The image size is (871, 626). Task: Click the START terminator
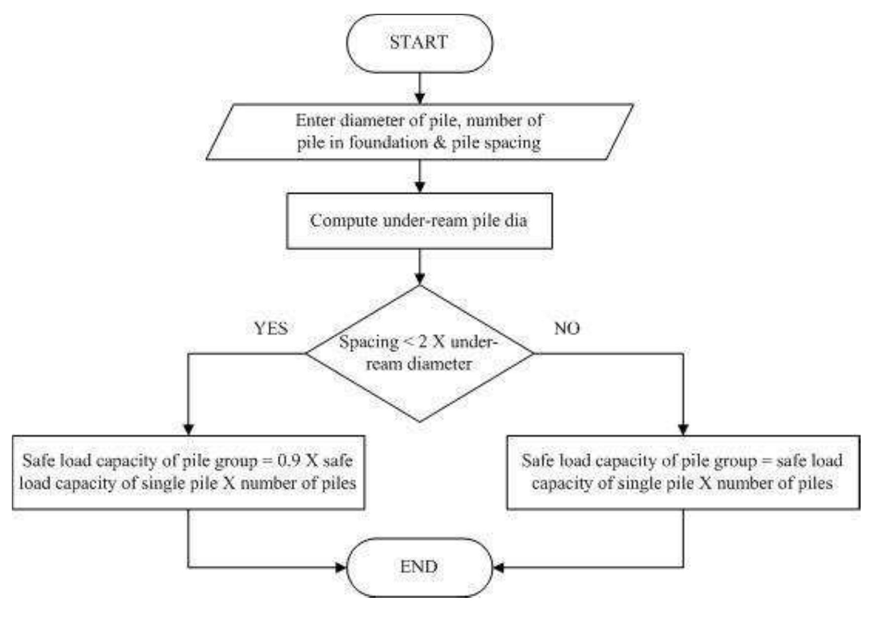(x=419, y=43)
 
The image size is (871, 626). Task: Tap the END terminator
(x=419, y=567)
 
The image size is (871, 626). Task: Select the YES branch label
(x=270, y=328)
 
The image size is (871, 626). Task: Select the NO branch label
(x=567, y=328)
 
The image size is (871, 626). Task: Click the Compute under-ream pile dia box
(x=419, y=221)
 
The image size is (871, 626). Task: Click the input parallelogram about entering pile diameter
(x=419, y=132)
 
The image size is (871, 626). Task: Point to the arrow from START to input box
(x=419, y=89)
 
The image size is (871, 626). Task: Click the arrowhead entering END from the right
(x=498, y=567)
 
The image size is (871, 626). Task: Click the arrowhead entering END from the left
(x=341, y=567)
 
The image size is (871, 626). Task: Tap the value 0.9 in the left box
(x=289, y=461)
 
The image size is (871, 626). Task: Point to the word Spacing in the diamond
(x=369, y=342)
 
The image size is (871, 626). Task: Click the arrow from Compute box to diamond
(x=419, y=268)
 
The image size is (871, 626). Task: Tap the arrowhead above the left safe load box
(x=189, y=430)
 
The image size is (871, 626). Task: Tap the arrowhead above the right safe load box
(x=683, y=430)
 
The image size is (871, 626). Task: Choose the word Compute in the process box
(x=343, y=221)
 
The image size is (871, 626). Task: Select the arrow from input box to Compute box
(x=419, y=177)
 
